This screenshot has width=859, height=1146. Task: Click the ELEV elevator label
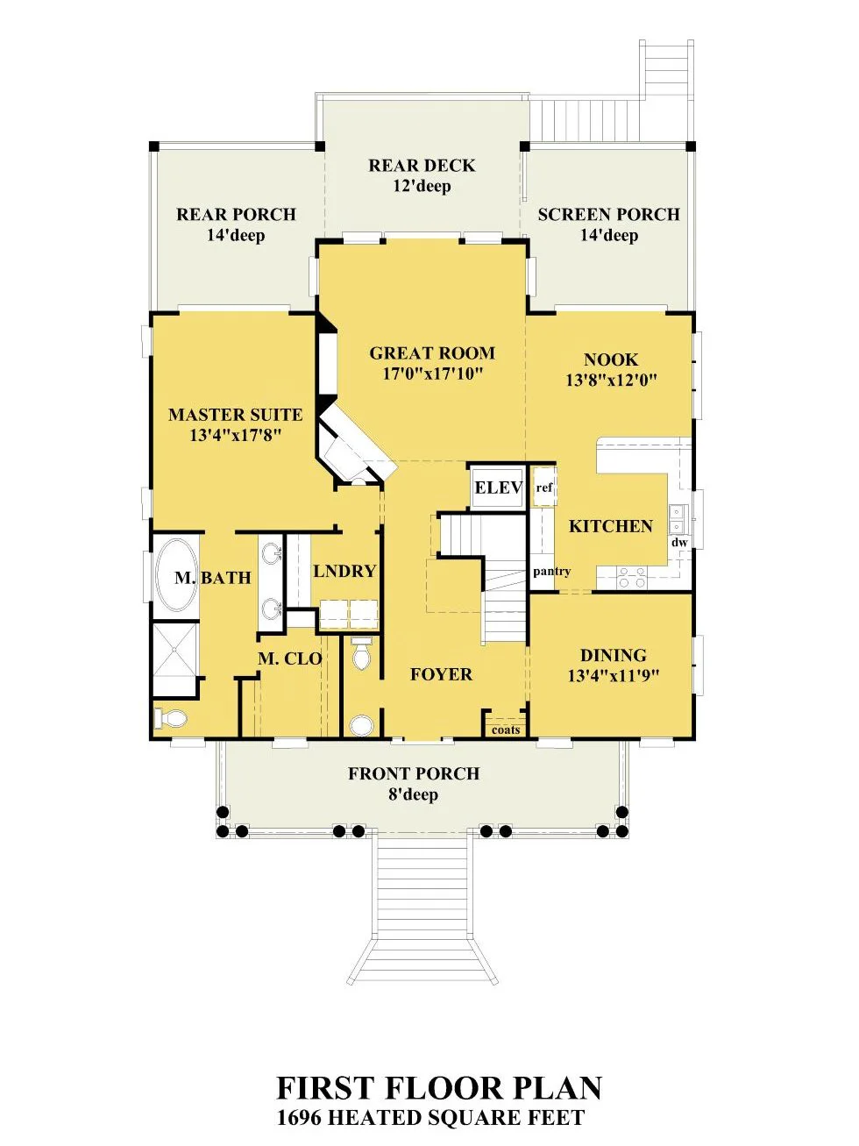[x=498, y=488]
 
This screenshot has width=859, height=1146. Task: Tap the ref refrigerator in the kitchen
[x=543, y=488]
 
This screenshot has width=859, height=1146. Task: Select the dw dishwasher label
[x=679, y=543]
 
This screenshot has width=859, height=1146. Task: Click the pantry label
[x=551, y=571]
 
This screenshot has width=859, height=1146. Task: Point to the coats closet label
[x=506, y=730]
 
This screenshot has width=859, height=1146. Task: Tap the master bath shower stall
[x=175, y=658]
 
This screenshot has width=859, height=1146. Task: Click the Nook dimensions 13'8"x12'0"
[x=611, y=380]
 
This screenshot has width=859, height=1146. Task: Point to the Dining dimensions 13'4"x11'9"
[x=614, y=676]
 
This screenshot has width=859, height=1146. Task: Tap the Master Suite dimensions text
[x=236, y=435]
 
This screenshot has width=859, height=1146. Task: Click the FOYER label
[x=441, y=674]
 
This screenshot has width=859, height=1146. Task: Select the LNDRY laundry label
[x=344, y=571]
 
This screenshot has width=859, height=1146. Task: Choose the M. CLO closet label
[x=289, y=658]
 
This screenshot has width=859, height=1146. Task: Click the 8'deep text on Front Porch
[x=413, y=794]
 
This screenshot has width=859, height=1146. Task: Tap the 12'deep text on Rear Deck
[x=422, y=186]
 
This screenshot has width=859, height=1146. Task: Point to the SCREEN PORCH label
[x=608, y=215]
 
